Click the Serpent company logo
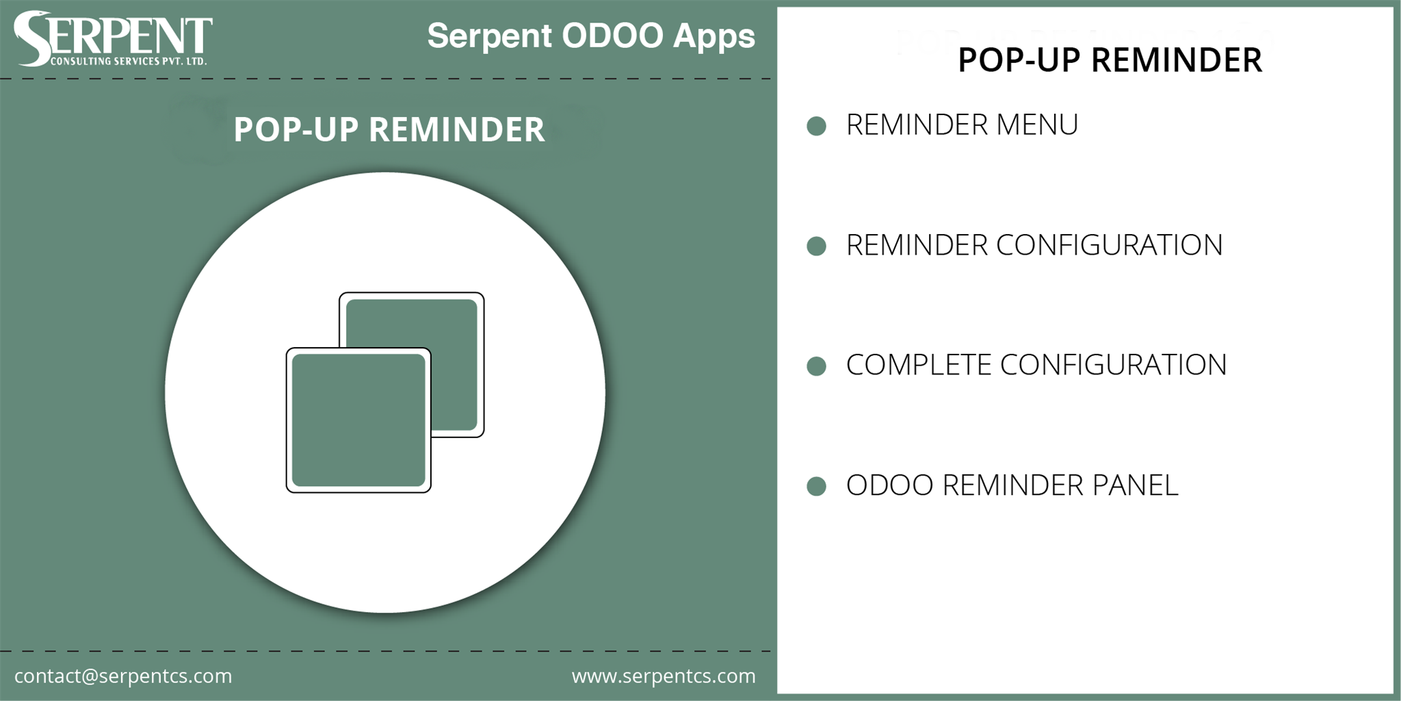(x=113, y=39)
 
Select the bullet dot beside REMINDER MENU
(x=816, y=126)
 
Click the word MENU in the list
(x=1037, y=125)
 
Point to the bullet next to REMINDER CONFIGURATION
(x=816, y=246)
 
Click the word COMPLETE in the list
(x=919, y=365)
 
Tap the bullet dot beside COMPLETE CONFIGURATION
(x=816, y=366)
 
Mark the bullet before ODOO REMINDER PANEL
(x=816, y=486)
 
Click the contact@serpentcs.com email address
(x=123, y=676)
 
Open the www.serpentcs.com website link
(x=664, y=676)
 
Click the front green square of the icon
(x=358, y=420)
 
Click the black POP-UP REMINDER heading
(x=1110, y=60)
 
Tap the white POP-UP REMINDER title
(x=389, y=129)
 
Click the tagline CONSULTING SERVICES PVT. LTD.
(x=129, y=62)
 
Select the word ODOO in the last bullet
(x=890, y=485)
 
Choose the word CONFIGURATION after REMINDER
(x=1109, y=245)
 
